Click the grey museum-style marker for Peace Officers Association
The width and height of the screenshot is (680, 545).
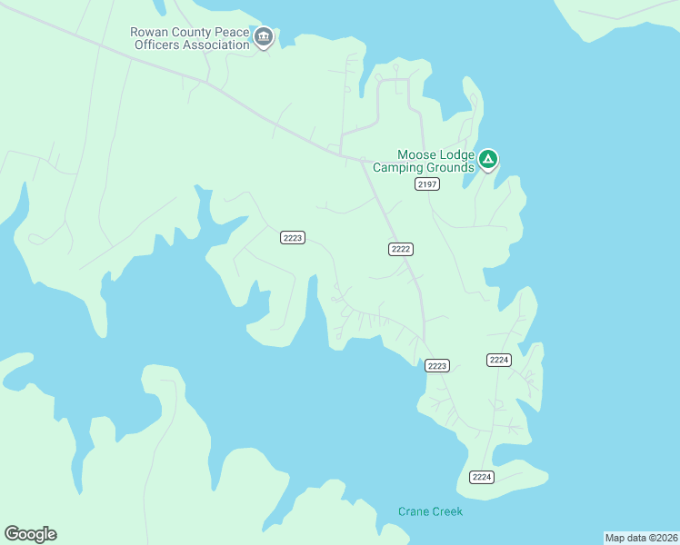[265, 38]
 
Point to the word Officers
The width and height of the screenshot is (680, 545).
[155, 45]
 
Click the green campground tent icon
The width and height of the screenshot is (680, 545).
[488, 161]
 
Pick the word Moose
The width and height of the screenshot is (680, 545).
[416, 155]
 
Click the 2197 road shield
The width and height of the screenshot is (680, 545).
[427, 184]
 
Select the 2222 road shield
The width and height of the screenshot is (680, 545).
[401, 249]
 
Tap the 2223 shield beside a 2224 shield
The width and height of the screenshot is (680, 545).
[437, 366]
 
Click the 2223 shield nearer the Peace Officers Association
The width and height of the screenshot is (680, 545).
[293, 238]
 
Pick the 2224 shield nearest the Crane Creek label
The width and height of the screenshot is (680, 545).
[482, 478]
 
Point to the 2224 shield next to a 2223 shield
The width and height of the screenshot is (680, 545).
[499, 361]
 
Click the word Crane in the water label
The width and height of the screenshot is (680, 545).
[414, 511]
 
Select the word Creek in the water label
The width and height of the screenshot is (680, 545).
[447, 511]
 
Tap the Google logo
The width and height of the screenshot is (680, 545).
[30, 534]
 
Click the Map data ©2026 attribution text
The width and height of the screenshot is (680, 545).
[641, 538]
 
